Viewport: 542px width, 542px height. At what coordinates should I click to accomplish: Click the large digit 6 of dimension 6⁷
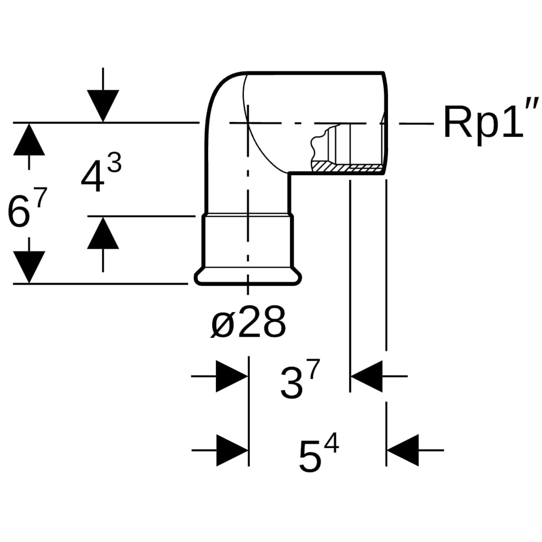pos(19,212)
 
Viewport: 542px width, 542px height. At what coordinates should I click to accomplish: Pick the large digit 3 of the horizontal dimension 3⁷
pos(292,384)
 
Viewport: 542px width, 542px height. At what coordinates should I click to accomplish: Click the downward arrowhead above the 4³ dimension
pos(103,105)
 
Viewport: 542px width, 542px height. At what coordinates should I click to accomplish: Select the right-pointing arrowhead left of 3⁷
pos(231,376)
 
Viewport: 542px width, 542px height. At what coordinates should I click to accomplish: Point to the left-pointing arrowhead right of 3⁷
pos(367,376)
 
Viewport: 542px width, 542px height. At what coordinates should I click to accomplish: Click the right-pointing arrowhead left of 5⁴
pos(232,450)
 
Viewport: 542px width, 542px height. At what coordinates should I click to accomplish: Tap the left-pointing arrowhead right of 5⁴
pos(403,450)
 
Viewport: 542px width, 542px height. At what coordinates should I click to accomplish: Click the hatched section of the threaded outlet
pos(346,166)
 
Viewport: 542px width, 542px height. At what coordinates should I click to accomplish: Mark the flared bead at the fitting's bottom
pos(248,278)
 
